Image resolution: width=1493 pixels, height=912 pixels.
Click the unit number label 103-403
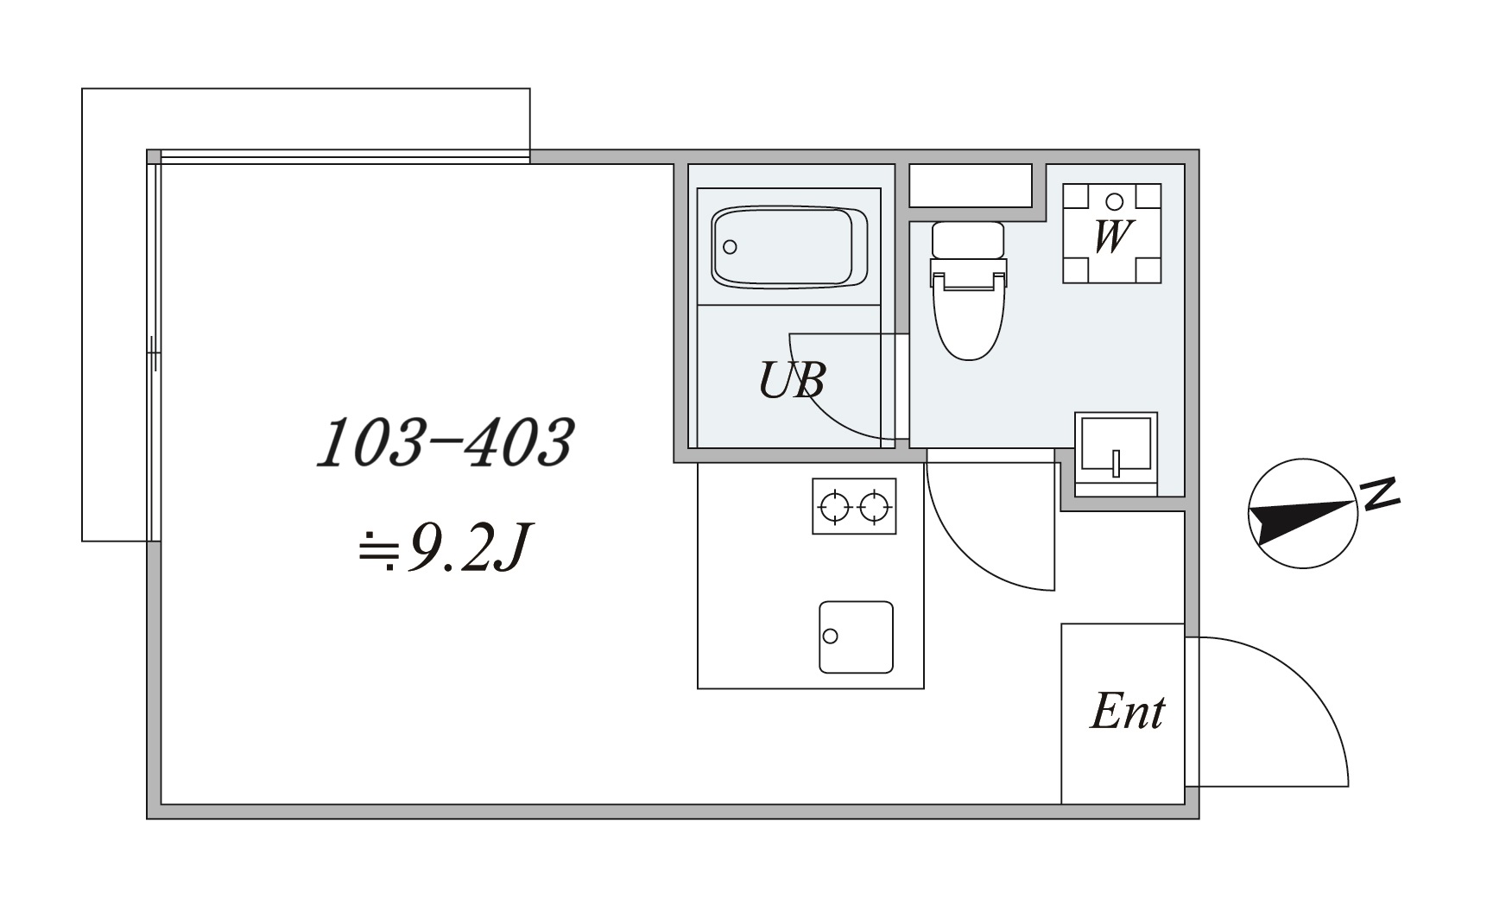tap(445, 443)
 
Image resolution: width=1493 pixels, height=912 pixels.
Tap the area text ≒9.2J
tap(441, 548)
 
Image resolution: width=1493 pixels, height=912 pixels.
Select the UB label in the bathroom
tap(792, 380)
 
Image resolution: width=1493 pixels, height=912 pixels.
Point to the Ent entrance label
tap(1128, 712)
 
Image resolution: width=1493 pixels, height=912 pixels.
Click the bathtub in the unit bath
tap(790, 247)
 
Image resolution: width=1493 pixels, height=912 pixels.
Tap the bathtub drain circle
tap(730, 247)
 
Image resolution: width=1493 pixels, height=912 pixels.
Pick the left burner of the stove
tap(835, 507)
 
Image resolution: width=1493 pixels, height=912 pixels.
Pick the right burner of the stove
tap(875, 507)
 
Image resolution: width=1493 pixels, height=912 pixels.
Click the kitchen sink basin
tap(856, 637)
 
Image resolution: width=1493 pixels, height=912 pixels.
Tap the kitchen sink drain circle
tap(831, 636)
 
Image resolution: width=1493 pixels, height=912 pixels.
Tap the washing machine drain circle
tap(1114, 202)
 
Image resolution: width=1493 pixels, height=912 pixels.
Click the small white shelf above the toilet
tap(971, 186)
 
